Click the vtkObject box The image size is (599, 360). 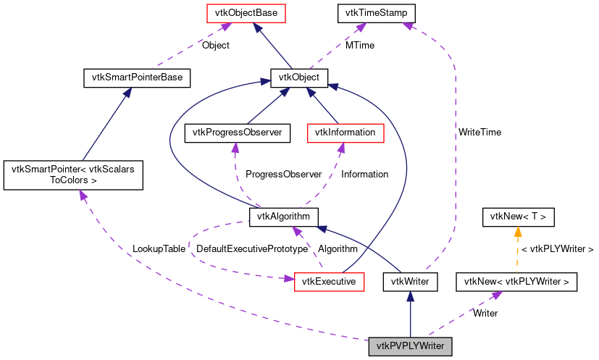pyautogui.click(x=299, y=77)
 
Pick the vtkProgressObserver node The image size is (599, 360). pyautogui.click(x=238, y=133)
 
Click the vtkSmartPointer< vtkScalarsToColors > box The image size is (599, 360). pyautogui.click(x=72, y=176)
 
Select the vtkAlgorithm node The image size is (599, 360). pyautogui.click(x=284, y=216)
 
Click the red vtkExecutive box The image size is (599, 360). pyautogui.click(x=329, y=281)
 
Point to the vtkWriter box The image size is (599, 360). pyautogui.click(x=410, y=281)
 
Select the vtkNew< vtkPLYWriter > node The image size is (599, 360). pyautogui.click(x=516, y=281)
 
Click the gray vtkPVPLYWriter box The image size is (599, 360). pyautogui.click(x=410, y=346)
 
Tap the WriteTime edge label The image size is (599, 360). pyautogui.click(x=479, y=133)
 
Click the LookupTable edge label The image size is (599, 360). pyautogui.click(x=159, y=248)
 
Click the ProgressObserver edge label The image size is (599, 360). pyautogui.click(x=283, y=175)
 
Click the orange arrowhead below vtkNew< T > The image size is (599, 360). pyautogui.click(x=518, y=232)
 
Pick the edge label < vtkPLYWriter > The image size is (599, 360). pyautogui.click(x=558, y=248)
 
